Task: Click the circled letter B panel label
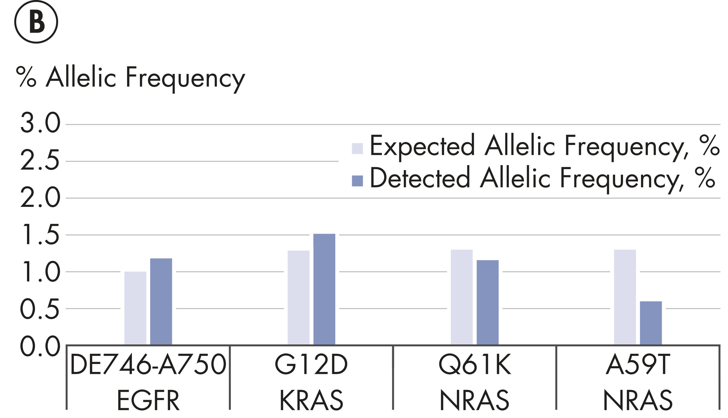(36, 22)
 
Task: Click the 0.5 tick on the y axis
(40, 308)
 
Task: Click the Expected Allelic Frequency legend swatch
(357, 148)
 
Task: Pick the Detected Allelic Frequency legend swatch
(357, 181)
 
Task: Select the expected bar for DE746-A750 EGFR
(135, 308)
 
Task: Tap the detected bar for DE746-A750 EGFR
(161, 301)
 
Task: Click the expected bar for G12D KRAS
(299, 298)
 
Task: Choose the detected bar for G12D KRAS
(324, 289)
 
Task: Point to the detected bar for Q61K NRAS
(487, 302)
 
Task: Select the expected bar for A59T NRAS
(625, 297)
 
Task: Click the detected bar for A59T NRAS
(651, 323)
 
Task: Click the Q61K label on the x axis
(475, 365)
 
